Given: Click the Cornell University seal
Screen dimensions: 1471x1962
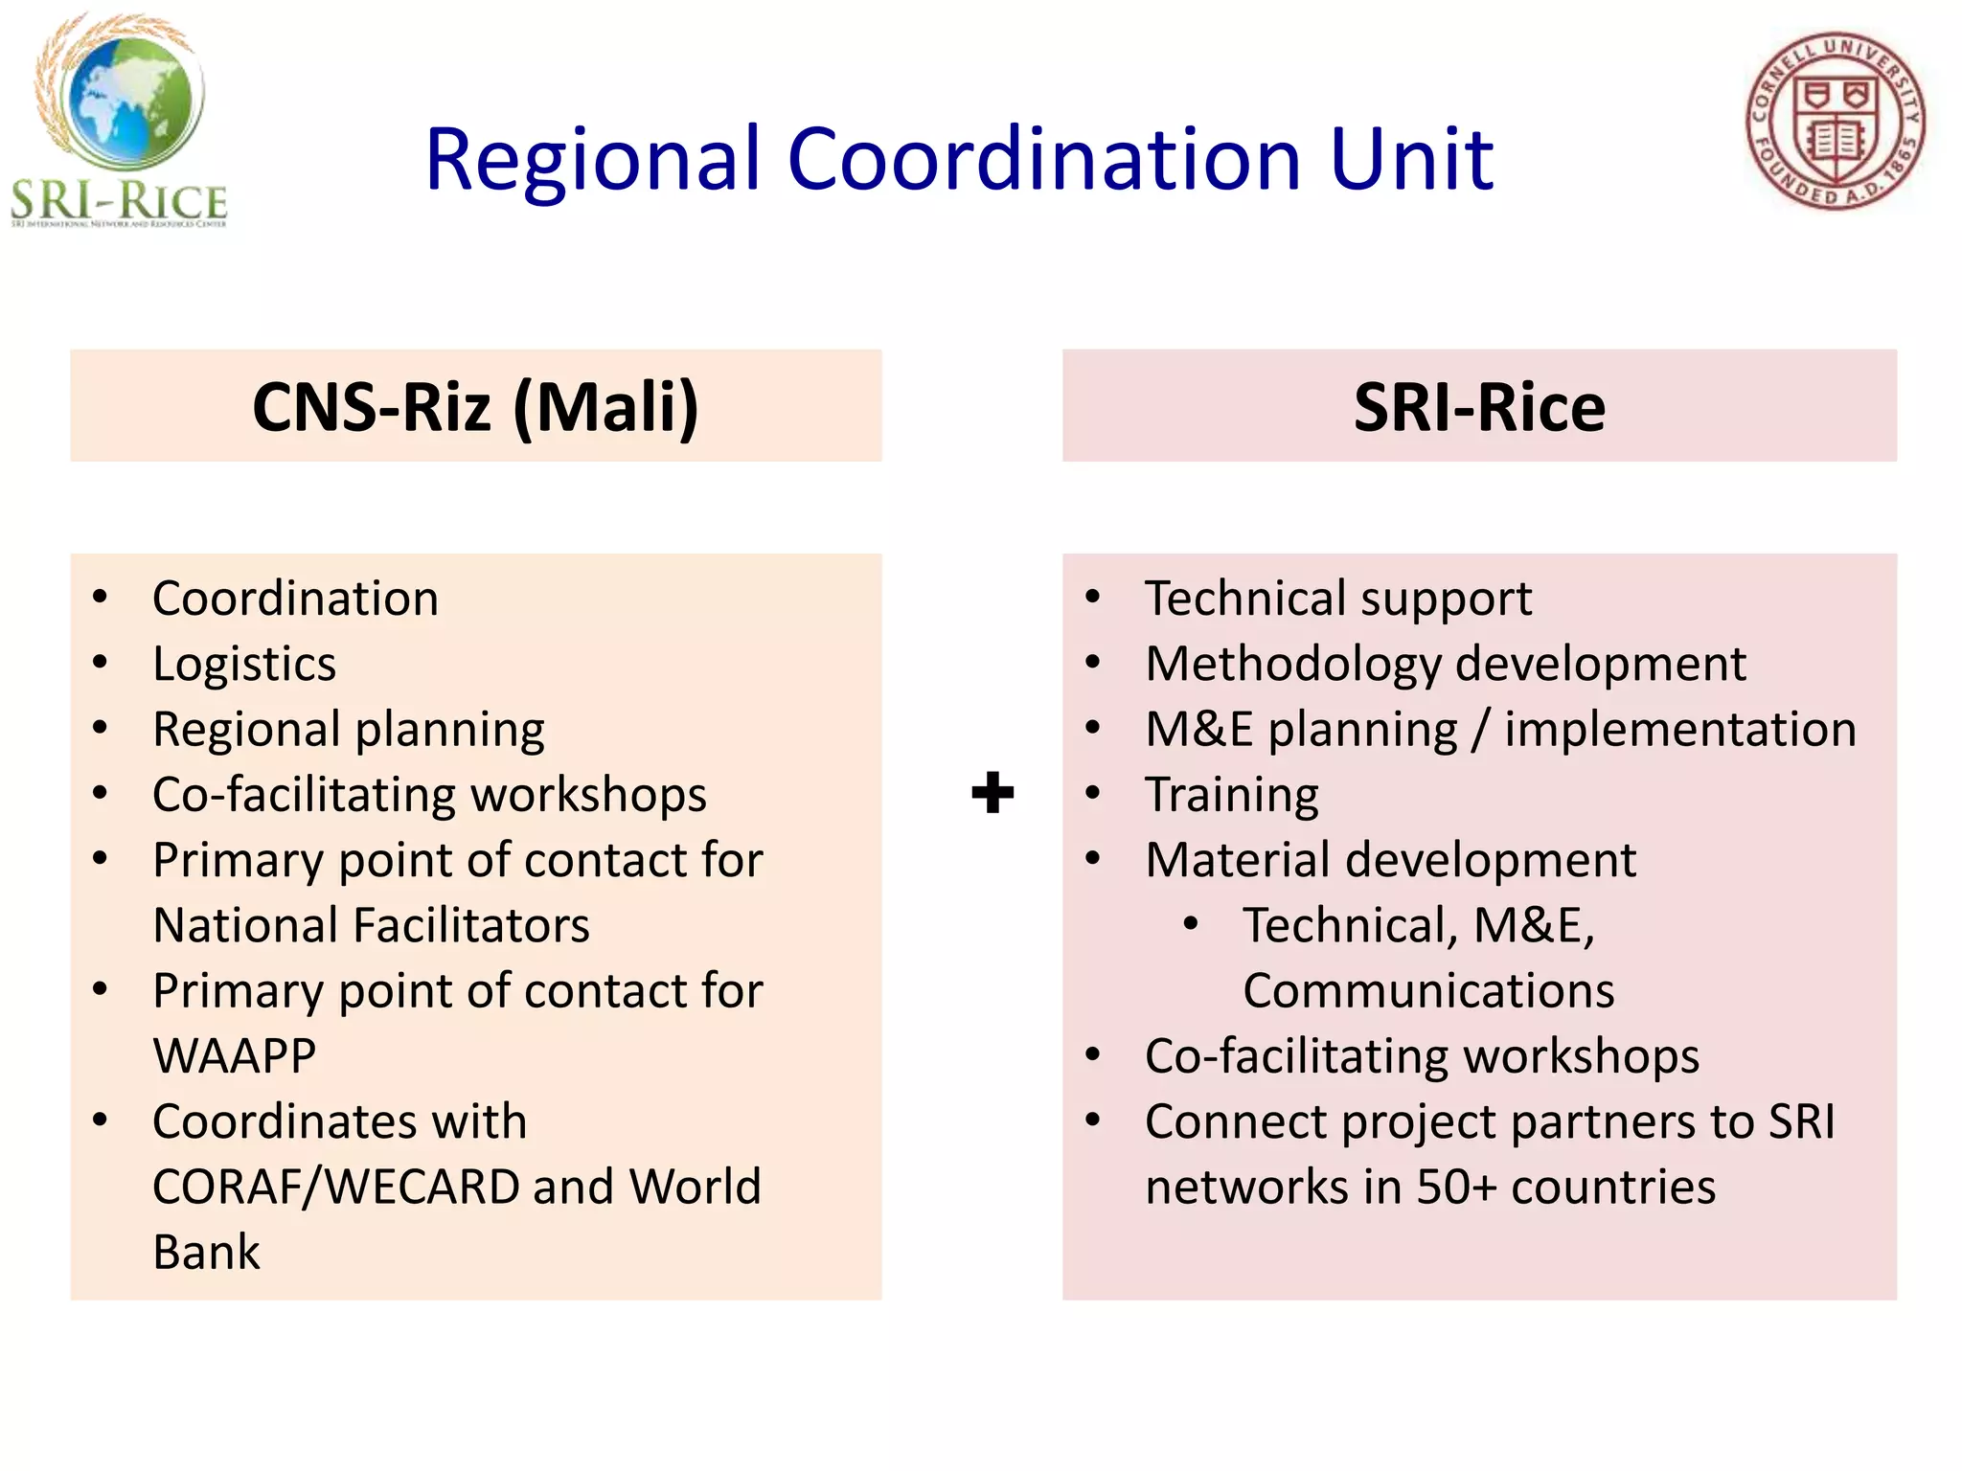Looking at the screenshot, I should point(1835,122).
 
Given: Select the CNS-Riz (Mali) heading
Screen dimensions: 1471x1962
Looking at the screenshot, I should point(475,407).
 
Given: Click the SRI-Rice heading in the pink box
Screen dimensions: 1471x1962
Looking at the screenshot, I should point(1478,407).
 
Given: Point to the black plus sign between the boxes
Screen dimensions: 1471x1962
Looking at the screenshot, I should point(992,793).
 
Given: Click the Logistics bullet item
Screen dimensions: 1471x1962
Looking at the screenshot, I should point(244,664).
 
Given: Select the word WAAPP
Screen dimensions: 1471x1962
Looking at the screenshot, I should point(235,1056).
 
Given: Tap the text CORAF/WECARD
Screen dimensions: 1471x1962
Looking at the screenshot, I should point(335,1187).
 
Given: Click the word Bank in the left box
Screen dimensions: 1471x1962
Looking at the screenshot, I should point(206,1253).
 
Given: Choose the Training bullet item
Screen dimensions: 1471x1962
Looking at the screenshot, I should point(1232,795).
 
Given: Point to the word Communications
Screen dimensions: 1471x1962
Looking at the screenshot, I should point(1428,991).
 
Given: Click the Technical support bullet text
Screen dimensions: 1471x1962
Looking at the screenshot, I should point(1338,600).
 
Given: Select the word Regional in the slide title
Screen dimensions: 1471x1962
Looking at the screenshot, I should point(593,159).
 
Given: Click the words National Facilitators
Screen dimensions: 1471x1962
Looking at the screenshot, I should point(372,926).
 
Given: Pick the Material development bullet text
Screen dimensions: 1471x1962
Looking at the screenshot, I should point(1391,860).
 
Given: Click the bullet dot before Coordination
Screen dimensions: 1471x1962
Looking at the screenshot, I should point(101,598).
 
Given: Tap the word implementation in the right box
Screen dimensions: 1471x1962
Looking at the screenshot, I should point(1680,730).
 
